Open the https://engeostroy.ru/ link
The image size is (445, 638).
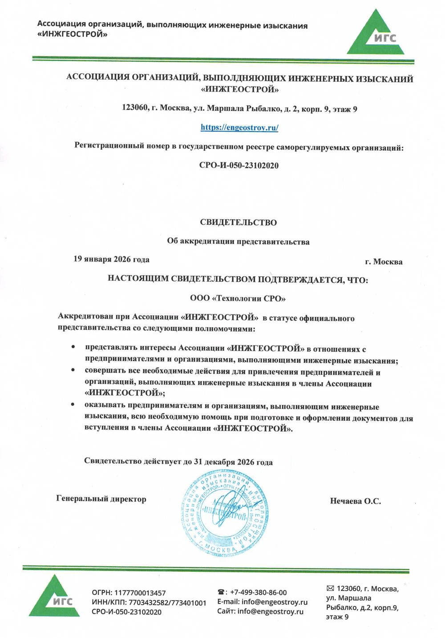(239, 128)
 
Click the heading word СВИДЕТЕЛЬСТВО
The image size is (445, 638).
(238, 222)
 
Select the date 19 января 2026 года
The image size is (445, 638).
(111, 259)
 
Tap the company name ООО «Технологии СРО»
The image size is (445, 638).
(238, 298)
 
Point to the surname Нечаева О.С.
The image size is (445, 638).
(355, 501)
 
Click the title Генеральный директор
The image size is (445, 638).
(101, 499)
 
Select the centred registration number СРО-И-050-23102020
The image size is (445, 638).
(239, 165)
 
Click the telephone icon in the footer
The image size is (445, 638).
(222, 592)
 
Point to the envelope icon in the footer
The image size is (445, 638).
(330, 589)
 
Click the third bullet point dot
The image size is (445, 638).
(73, 405)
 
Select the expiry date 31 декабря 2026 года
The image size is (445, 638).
(233, 462)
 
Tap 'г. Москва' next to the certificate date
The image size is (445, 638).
(384, 262)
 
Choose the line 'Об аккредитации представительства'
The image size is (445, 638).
(238, 242)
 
